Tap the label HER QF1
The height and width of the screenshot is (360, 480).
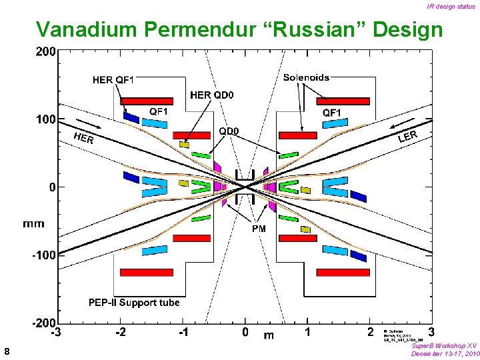click(113, 80)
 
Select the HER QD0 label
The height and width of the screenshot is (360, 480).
click(213, 95)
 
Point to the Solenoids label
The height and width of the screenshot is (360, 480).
click(306, 77)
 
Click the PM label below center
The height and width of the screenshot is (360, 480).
click(259, 229)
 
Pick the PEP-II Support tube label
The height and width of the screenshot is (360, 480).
click(134, 303)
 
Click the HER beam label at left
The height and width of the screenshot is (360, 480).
click(83, 138)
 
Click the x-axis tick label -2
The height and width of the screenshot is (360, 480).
click(121, 331)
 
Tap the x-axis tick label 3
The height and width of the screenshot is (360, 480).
click(431, 331)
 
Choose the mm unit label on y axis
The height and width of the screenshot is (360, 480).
click(34, 223)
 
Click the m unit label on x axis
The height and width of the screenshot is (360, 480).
click(269, 335)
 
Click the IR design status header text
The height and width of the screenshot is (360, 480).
click(451, 6)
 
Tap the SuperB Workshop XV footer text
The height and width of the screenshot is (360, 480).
click(444, 346)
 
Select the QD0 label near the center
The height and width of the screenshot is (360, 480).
click(229, 131)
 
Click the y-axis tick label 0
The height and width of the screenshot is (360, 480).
click(52, 187)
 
